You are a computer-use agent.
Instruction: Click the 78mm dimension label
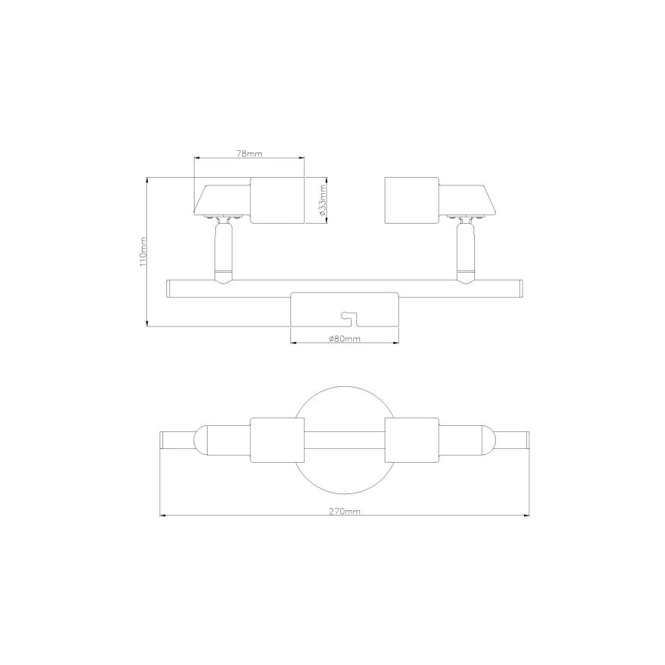coord(250,154)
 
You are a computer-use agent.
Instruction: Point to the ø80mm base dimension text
coord(344,338)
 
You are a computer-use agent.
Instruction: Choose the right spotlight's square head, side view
coord(411,201)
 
